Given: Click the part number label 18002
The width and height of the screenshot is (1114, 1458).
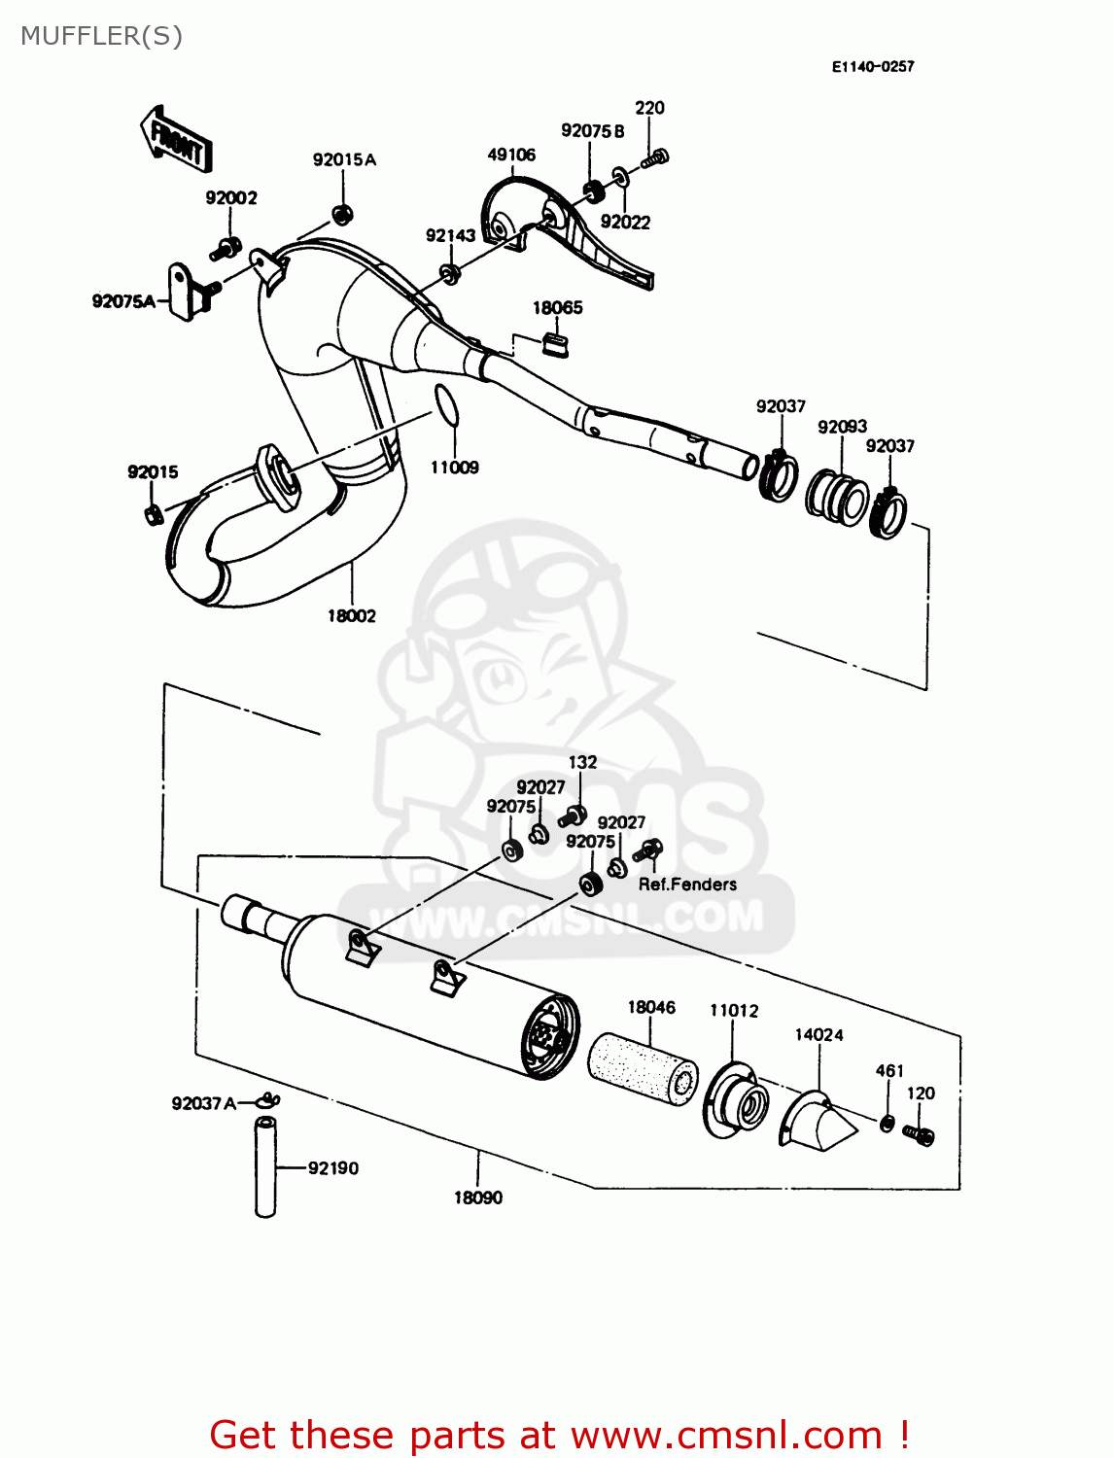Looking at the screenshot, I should click(x=351, y=616).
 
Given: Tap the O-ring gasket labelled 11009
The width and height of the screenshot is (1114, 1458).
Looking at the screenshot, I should click(x=445, y=405).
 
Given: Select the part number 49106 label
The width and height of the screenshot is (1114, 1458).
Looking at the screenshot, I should click(x=511, y=155).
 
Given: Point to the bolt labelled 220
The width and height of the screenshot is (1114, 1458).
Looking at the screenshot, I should click(x=658, y=156).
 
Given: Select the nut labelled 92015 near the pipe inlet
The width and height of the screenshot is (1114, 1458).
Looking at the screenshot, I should click(x=152, y=514).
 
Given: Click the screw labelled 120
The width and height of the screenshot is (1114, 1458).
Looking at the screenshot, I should click(x=919, y=1134).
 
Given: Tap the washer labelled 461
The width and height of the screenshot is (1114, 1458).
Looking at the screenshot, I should click(x=888, y=1124).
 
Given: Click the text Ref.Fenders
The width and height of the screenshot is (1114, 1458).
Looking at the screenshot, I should click(x=687, y=885).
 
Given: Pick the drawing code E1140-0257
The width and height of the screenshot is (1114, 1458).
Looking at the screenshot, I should click(x=873, y=66).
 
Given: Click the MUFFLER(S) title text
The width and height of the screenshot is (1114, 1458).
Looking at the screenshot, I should click(x=101, y=36).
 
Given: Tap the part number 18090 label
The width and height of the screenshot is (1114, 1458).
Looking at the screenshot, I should click(x=478, y=1198).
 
